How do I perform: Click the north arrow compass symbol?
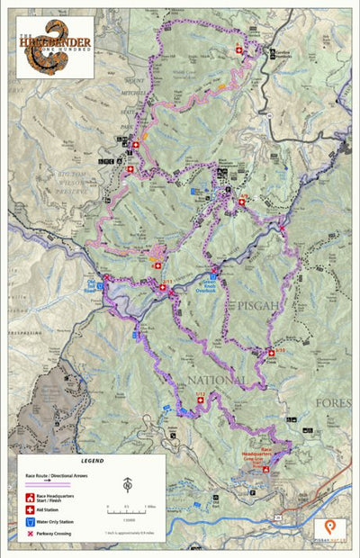click(x=128, y=485)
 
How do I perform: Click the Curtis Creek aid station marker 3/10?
click(x=271, y=352)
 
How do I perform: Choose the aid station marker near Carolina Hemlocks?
click(x=238, y=51)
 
